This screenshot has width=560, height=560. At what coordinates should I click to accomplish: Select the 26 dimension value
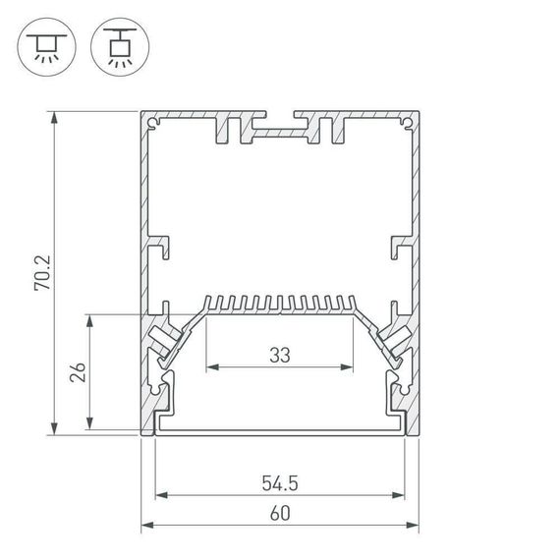[x=80, y=372]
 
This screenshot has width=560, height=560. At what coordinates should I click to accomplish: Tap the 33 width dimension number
[x=279, y=356]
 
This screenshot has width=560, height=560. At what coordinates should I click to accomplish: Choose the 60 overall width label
[x=280, y=513]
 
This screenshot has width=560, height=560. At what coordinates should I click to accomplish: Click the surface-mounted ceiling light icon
[x=43, y=46]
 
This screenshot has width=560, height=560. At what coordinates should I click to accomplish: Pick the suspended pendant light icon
[x=116, y=46]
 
